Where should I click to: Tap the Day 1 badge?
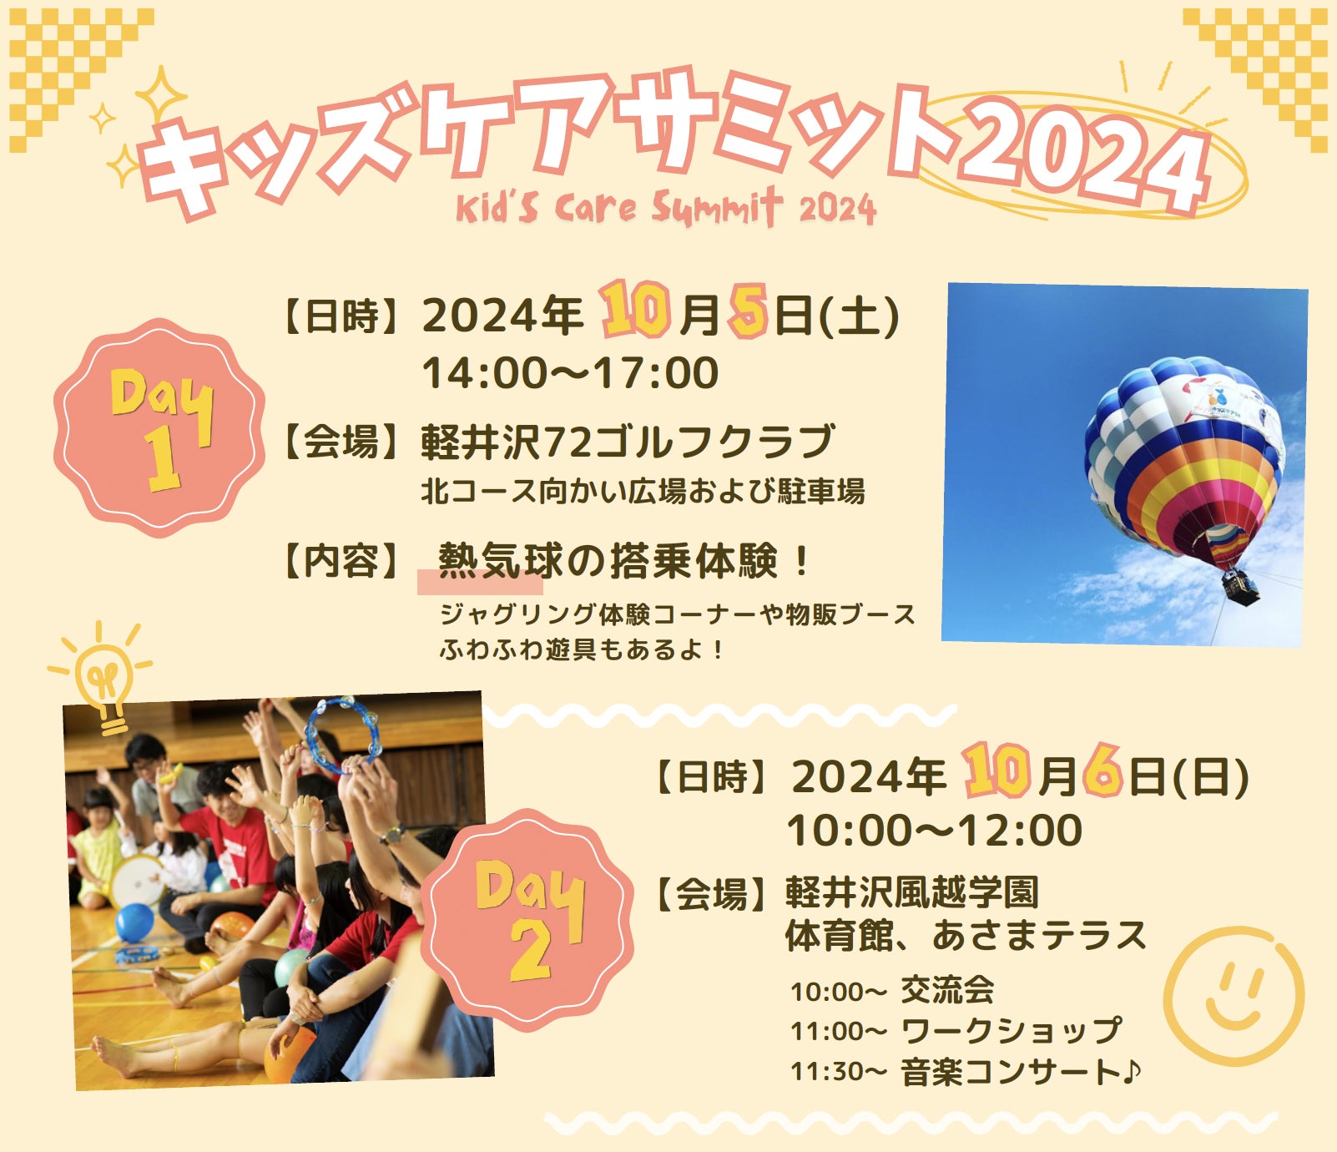coord(159,427)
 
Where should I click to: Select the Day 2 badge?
coord(527,920)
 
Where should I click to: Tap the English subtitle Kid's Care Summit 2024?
coord(666,207)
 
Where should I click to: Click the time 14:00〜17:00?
coord(570,372)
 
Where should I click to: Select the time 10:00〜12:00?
coord(935,831)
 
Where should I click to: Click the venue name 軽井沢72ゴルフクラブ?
coord(628,442)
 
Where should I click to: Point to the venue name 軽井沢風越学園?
coord(912,892)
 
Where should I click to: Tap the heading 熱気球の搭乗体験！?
coord(624,560)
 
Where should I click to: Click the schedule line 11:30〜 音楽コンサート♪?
coord(966,1072)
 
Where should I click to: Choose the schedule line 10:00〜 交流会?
coord(892,991)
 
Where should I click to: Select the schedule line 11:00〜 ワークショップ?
coord(956,1031)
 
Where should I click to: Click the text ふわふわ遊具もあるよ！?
coord(583,649)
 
